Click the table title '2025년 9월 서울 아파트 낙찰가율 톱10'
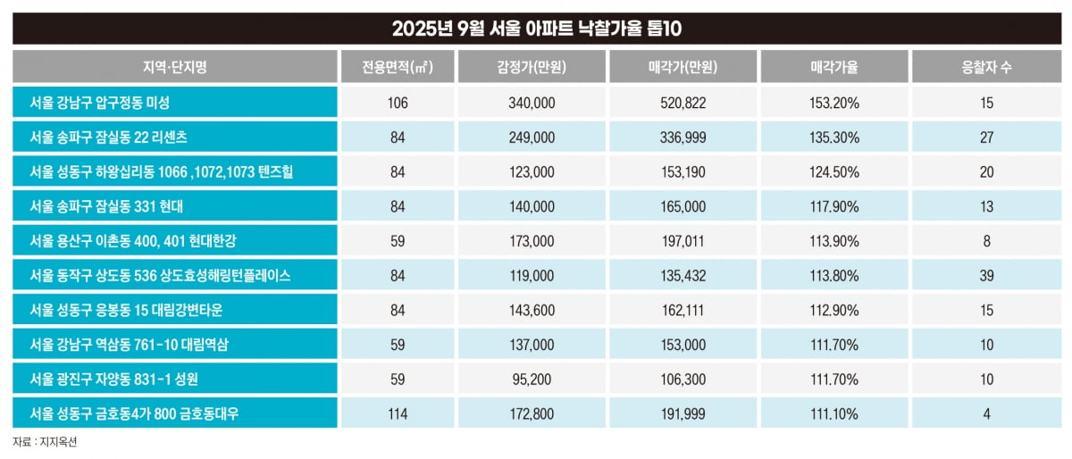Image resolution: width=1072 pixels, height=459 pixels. [x=536, y=29]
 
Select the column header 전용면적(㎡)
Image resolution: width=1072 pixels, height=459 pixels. [x=398, y=67]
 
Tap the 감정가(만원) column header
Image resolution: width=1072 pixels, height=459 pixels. [x=532, y=67]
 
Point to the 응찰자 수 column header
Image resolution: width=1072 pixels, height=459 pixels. [x=986, y=67]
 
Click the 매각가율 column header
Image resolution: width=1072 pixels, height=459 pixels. [x=834, y=67]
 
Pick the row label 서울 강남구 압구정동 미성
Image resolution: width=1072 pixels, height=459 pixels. [x=99, y=103]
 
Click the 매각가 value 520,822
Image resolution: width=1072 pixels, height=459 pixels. [x=683, y=103]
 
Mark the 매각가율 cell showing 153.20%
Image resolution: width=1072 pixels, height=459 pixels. [x=834, y=103]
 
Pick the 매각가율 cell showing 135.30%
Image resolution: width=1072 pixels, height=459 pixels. [x=834, y=138]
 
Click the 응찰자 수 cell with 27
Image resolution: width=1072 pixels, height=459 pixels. [x=986, y=138]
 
